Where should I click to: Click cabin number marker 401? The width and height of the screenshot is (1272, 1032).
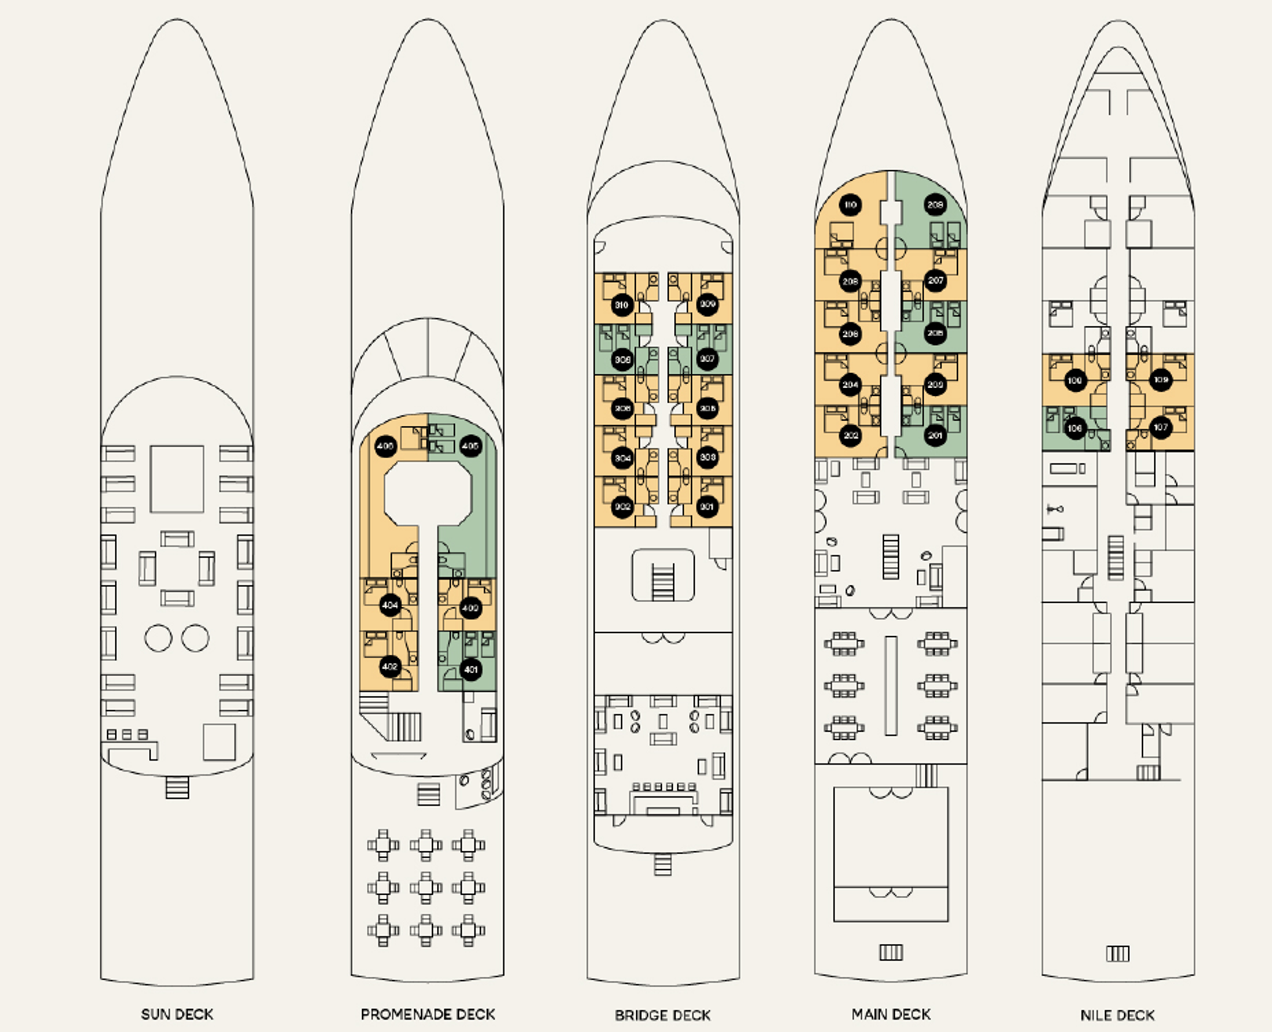471,669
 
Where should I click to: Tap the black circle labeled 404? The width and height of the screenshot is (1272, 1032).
390,605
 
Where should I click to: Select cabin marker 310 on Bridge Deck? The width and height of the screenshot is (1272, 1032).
622,305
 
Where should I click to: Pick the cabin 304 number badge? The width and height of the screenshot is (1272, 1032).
622,458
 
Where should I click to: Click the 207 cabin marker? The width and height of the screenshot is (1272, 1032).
935,280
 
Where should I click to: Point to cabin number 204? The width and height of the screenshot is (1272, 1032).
851,385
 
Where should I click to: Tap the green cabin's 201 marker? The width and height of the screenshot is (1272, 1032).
935,436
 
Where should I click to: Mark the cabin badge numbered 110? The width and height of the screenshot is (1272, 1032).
851,205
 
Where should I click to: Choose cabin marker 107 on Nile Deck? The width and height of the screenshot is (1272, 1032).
1161,428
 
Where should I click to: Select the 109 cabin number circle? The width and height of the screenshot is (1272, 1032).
1161,380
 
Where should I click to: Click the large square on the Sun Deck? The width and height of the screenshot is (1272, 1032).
177,479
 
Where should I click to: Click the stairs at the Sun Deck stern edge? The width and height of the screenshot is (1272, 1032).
177,787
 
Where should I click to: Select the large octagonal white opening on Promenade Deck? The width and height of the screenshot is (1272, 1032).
428,494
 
